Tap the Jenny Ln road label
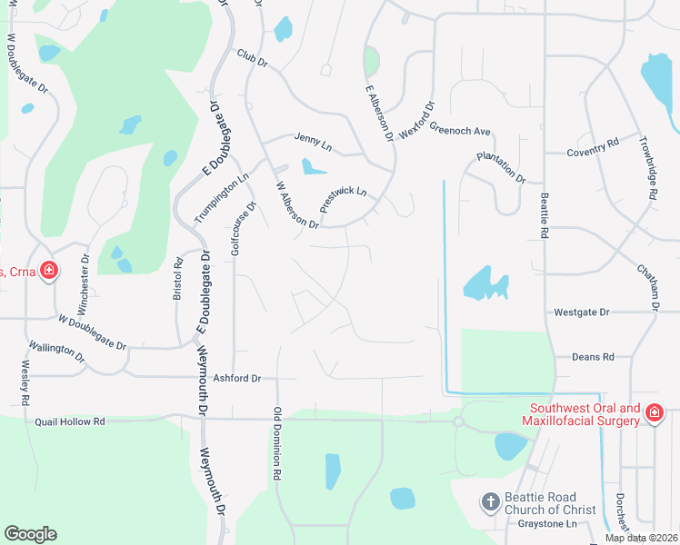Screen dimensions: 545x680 (313, 141)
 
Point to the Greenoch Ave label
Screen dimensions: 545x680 (459, 130)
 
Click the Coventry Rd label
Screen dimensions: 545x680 (593, 143)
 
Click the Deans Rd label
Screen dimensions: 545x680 (593, 357)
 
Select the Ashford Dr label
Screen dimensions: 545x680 (236, 378)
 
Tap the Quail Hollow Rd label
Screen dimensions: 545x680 (70, 422)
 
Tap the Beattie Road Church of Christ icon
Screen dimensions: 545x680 (490, 502)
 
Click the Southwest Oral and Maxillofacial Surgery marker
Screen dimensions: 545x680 (653, 414)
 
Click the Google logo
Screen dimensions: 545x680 (30, 534)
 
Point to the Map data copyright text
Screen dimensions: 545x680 (641, 539)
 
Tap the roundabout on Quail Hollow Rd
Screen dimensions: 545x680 (458, 421)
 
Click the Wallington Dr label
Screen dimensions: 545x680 (56, 352)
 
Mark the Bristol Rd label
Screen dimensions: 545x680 (178, 278)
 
